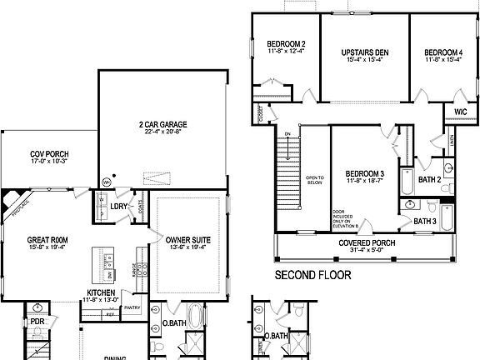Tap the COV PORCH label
[49, 154]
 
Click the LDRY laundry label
[119, 205]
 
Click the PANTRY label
[130, 307]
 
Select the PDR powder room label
[37, 321]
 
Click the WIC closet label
[460, 111]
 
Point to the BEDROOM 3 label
[364, 173]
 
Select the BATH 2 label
[428, 179]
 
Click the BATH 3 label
[426, 221]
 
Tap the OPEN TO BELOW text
[314, 179]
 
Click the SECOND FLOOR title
[313, 274]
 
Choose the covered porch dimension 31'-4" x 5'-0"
[367, 251]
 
